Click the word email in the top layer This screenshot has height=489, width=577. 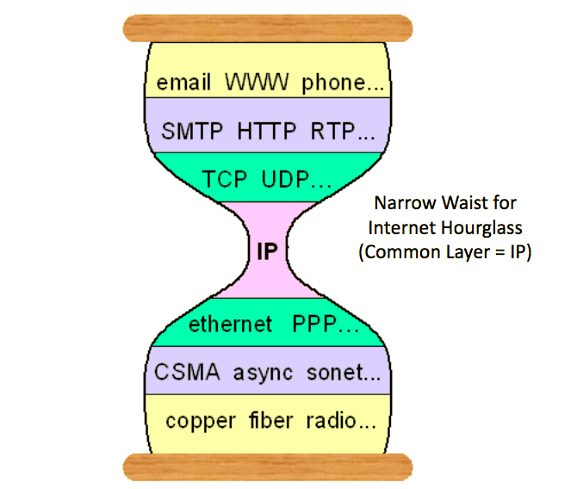click(183, 82)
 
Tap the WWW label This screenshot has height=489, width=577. click(257, 82)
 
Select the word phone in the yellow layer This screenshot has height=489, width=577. click(333, 84)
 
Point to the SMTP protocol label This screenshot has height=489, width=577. click(192, 131)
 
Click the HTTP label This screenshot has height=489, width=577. click(267, 131)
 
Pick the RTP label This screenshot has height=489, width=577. click(332, 131)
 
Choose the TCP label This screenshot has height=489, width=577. click(225, 180)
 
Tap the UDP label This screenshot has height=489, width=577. click(286, 180)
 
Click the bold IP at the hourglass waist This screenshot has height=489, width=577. click(267, 251)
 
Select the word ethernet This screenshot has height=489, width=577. click(230, 324)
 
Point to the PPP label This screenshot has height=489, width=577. click(314, 324)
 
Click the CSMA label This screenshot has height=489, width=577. click(187, 372)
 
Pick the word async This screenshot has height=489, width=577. click(264, 374)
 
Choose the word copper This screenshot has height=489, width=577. click(201, 422)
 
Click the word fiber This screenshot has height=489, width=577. click(270, 420)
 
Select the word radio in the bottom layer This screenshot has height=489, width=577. click(332, 420)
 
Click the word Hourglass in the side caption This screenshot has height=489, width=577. click(481, 228)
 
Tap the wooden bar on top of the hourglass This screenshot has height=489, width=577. click(268, 28)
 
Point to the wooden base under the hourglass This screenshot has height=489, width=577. click(268, 467)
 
